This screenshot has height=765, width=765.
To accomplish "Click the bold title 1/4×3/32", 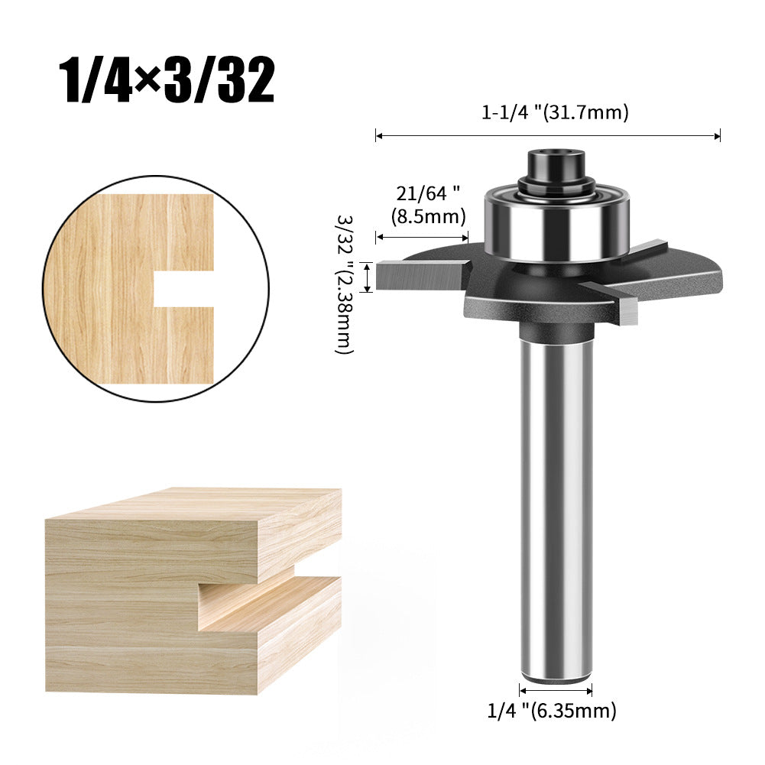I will click(167, 79).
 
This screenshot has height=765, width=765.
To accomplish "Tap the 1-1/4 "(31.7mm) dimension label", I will click(554, 113).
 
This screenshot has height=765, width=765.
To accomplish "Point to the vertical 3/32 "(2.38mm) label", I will click(345, 283).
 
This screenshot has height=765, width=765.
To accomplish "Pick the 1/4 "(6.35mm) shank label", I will click(551, 711).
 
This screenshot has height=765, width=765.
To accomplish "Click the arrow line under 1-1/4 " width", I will click(547, 137).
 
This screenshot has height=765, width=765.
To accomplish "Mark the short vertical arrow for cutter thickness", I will click(368, 276).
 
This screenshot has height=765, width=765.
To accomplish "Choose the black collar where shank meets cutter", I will click(556, 330).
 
